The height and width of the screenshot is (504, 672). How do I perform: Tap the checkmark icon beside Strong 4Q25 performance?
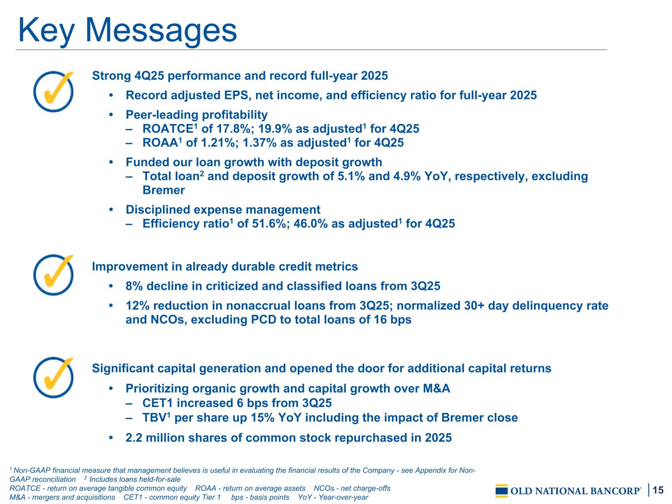point(54,92)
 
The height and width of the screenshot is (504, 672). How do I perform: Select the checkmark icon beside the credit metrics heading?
point(54,275)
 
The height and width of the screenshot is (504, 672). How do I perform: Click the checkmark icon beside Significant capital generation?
point(54,378)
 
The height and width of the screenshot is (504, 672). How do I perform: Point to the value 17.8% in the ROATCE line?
point(233,129)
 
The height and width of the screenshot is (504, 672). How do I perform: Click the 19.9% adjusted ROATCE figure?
point(275,129)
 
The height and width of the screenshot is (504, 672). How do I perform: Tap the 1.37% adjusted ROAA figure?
point(259,143)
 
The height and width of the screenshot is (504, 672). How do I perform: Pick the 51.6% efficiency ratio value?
point(269,223)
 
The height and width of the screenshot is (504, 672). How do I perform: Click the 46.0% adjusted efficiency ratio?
point(311,223)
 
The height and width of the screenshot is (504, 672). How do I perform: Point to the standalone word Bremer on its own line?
point(163,190)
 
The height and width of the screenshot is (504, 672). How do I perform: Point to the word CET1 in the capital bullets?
point(158,403)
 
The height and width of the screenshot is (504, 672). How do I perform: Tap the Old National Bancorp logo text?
point(575,491)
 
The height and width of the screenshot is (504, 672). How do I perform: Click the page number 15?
point(658,490)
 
